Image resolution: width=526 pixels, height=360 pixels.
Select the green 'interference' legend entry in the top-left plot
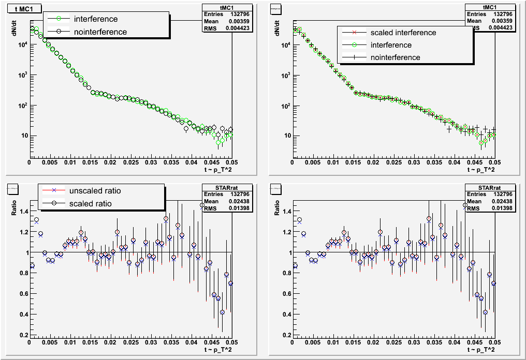pyautogui.click(x=95, y=19)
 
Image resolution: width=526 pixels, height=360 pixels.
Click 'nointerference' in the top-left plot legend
pyautogui.click(x=100, y=32)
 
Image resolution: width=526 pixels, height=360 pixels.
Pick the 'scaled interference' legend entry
pyautogui.click(x=403, y=33)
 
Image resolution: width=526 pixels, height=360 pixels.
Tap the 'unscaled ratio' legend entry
pyautogui.click(x=94, y=191)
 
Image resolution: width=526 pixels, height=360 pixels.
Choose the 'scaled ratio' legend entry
pyautogui.click(x=90, y=203)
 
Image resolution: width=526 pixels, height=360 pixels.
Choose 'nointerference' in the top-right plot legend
pyautogui.click(x=395, y=57)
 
